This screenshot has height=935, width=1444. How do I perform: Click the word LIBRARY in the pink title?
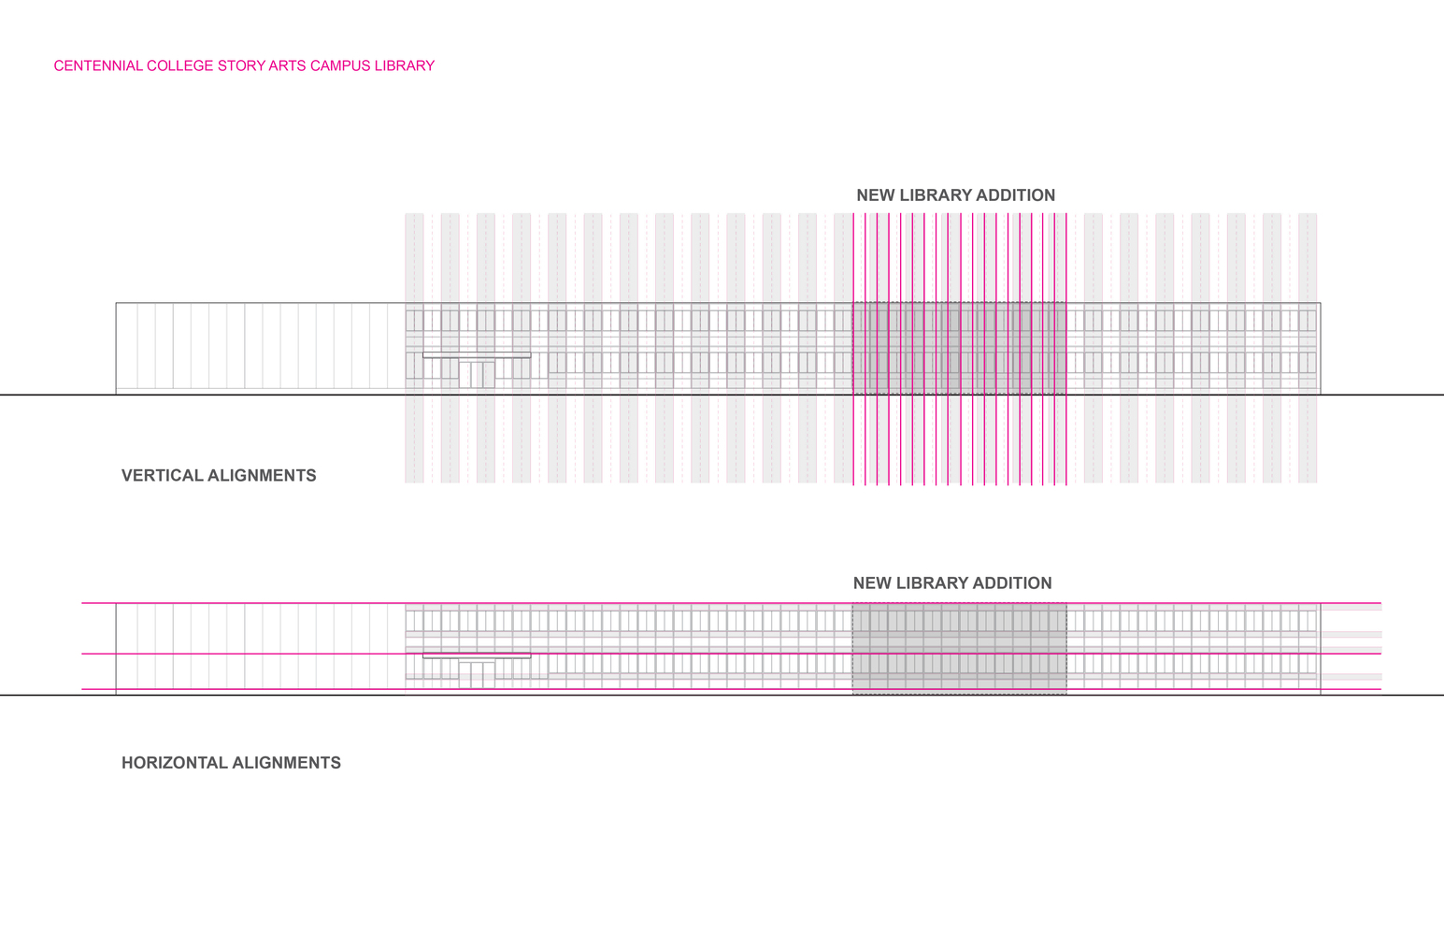[x=405, y=66]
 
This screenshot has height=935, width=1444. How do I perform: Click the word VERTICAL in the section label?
[x=162, y=476]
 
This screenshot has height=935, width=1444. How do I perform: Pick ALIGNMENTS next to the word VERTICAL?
[x=262, y=476]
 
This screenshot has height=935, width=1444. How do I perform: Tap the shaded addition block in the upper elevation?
[x=959, y=348]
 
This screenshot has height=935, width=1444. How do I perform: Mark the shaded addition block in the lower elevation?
[x=959, y=649]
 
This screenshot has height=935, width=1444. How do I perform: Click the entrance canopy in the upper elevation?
[x=477, y=355]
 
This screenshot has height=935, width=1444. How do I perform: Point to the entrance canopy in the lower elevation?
[x=477, y=656]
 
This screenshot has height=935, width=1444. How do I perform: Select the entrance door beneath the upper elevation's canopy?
[x=477, y=375]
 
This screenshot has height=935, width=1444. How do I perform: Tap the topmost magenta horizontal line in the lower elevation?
[x=729, y=603]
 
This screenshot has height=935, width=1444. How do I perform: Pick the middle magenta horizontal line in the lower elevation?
[x=729, y=654]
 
